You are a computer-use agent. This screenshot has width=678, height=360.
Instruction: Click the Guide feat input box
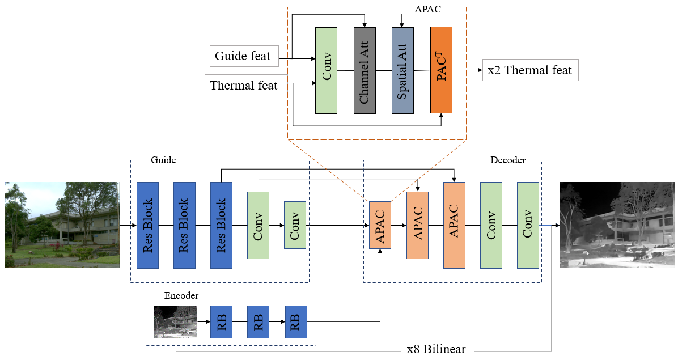pos(244,57)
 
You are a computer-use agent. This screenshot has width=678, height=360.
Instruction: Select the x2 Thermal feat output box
pos(530,70)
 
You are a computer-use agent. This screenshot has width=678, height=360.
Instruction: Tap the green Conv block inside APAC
pos(326,70)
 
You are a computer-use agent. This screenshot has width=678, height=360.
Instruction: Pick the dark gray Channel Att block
pos(365,70)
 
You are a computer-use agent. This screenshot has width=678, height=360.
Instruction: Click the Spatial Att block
pos(402,70)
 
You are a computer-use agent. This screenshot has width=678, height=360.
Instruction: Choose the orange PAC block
pos(441,70)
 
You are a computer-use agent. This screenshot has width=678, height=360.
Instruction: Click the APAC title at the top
pos(429,9)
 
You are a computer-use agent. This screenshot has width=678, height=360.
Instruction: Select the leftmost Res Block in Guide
pos(147,225)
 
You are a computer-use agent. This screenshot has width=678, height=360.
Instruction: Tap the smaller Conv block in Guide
pos(295,225)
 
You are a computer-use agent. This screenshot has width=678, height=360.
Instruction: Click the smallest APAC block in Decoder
pos(380,225)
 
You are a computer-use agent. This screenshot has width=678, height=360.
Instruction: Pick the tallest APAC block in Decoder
pos(454,225)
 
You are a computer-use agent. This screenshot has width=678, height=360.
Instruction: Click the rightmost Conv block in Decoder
pos(528,225)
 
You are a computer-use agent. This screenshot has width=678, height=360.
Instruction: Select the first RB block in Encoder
pos(221,322)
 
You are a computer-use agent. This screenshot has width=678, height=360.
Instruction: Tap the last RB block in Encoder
pos(295,322)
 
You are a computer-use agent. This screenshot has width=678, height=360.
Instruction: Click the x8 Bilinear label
pos(436,349)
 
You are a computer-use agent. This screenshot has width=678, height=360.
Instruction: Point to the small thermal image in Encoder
pos(176,321)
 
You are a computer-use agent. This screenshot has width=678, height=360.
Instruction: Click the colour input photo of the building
pos(62,225)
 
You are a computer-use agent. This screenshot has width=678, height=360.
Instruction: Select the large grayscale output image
pos(617,225)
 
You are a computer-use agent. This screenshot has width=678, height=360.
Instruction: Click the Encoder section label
pos(181,295)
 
